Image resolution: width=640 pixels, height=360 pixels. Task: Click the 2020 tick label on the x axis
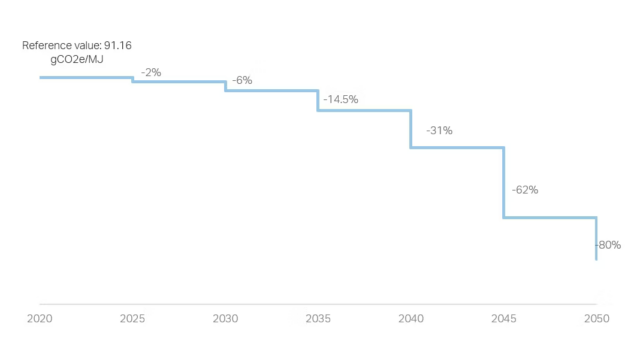click(x=40, y=318)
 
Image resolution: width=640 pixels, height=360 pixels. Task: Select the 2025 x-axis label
click(x=133, y=318)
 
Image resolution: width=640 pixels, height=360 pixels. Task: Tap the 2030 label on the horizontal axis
click(x=225, y=318)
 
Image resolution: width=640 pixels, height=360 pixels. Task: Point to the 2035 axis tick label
click(x=318, y=318)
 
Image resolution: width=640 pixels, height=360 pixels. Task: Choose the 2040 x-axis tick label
click(x=411, y=318)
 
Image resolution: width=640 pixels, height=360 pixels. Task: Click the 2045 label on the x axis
click(x=503, y=318)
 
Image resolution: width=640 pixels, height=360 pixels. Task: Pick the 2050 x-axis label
click(x=596, y=318)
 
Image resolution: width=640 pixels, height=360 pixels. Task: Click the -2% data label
click(x=151, y=72)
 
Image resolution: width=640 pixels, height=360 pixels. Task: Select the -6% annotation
click(x=242, y=80)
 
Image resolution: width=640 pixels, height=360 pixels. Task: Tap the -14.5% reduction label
click(x=341, y=100)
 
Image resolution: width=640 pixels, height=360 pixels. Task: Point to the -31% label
click(x=439, y=130)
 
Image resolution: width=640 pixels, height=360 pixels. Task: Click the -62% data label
click(x=525, y=189)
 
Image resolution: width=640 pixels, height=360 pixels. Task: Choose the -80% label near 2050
click(x=609, y=245)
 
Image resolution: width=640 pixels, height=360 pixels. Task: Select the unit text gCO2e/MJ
click(x=77, y=60)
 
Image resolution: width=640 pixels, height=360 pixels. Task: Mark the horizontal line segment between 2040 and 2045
click(x=457, y=148)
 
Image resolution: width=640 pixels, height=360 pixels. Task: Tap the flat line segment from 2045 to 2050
click(x=550, y=217)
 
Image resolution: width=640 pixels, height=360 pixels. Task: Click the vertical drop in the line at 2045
click(x=503, y=183)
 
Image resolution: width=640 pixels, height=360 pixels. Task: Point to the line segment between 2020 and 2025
click(x=86, y=77)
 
